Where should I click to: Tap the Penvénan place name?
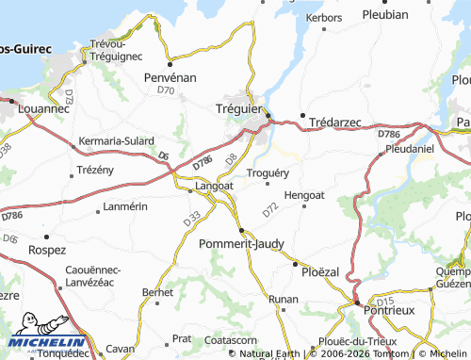(x=170, y=77)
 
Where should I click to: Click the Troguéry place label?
(x=268, y=172)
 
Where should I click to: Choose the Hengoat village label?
(x=303, y=194)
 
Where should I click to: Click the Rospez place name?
(x=46, y=250)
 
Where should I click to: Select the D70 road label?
(x=167, y=90)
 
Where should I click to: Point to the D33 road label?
(x=191, y=219)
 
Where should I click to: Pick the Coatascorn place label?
(x=232, y=339)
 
